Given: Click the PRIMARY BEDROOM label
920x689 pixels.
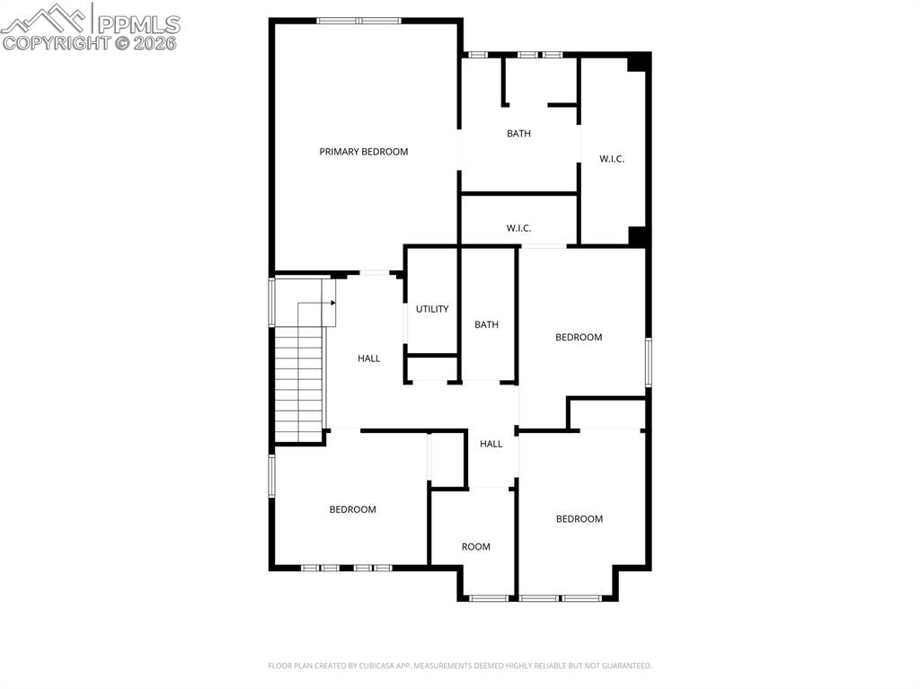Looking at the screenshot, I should coord(363,152).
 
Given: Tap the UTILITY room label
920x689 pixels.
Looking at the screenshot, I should coord(431,309).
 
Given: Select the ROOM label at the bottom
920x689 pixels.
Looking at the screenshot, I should coord(475,546).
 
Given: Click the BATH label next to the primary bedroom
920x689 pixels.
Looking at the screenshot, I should coord(518,134).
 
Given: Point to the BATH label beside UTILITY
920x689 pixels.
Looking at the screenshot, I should coord(486,324).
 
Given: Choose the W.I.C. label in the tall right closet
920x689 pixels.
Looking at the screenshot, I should coord(612,159).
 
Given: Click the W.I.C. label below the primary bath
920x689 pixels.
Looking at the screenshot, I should coord(518,228).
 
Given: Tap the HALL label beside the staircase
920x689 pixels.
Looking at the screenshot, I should coord(368,358).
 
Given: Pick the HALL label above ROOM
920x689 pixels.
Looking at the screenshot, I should coord(491,444).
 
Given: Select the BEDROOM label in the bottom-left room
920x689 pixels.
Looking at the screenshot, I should coord(352,509).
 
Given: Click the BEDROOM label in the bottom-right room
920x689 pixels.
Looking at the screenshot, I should coord(579,518).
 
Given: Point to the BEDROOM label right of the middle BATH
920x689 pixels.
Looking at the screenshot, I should coord(578,337).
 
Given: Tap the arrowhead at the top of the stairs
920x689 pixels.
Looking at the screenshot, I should coord(332,303).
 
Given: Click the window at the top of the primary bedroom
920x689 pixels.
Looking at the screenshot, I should coord(358,20).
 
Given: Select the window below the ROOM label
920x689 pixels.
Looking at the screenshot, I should coord(489,597).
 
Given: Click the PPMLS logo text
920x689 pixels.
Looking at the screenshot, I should coord(139,24).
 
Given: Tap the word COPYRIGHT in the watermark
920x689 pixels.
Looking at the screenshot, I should coord(56,42).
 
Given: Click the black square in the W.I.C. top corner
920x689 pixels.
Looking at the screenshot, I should coord(638,61).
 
